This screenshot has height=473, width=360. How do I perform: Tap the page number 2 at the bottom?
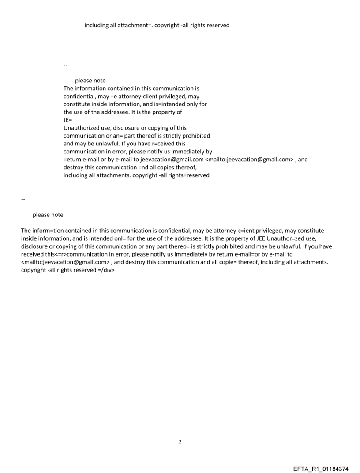tap(180, 442)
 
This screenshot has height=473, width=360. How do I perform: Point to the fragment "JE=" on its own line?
tap(67, 120)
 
